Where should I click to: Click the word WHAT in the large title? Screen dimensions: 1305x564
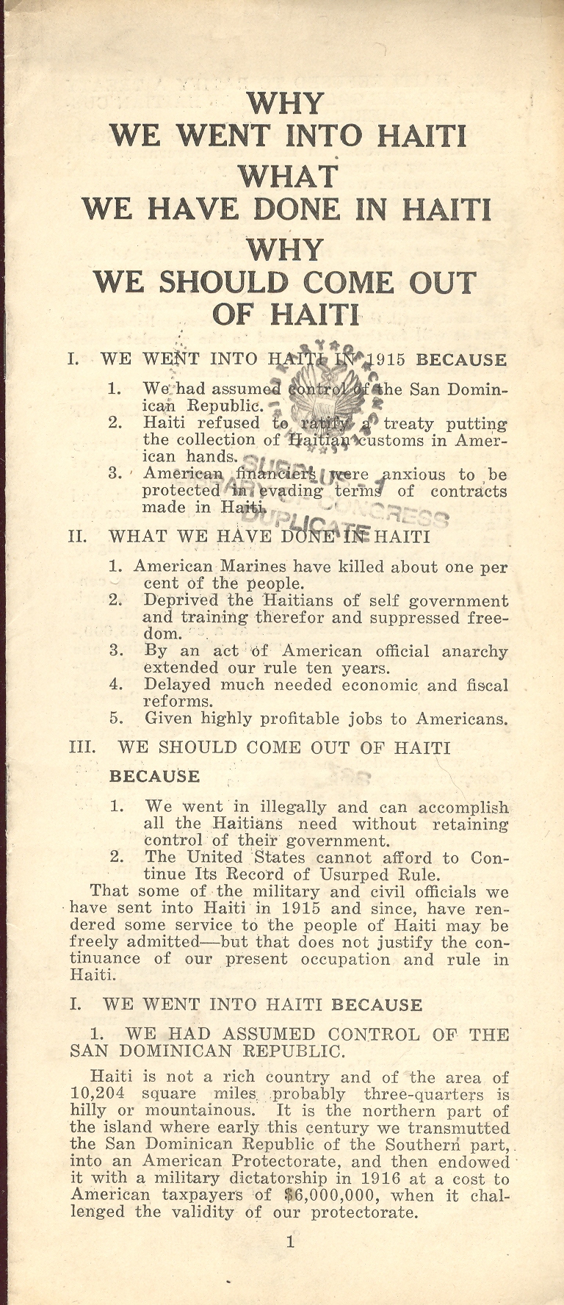click(287, 176)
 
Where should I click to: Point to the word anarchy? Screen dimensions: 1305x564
click(474, 652)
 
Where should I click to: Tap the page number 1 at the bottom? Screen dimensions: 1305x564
click(290, 1243)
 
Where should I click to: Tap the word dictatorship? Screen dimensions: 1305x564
click(252, 1178)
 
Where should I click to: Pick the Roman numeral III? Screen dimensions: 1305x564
click(82, 748)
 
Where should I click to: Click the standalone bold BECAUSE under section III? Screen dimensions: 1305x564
click(154, 777)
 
